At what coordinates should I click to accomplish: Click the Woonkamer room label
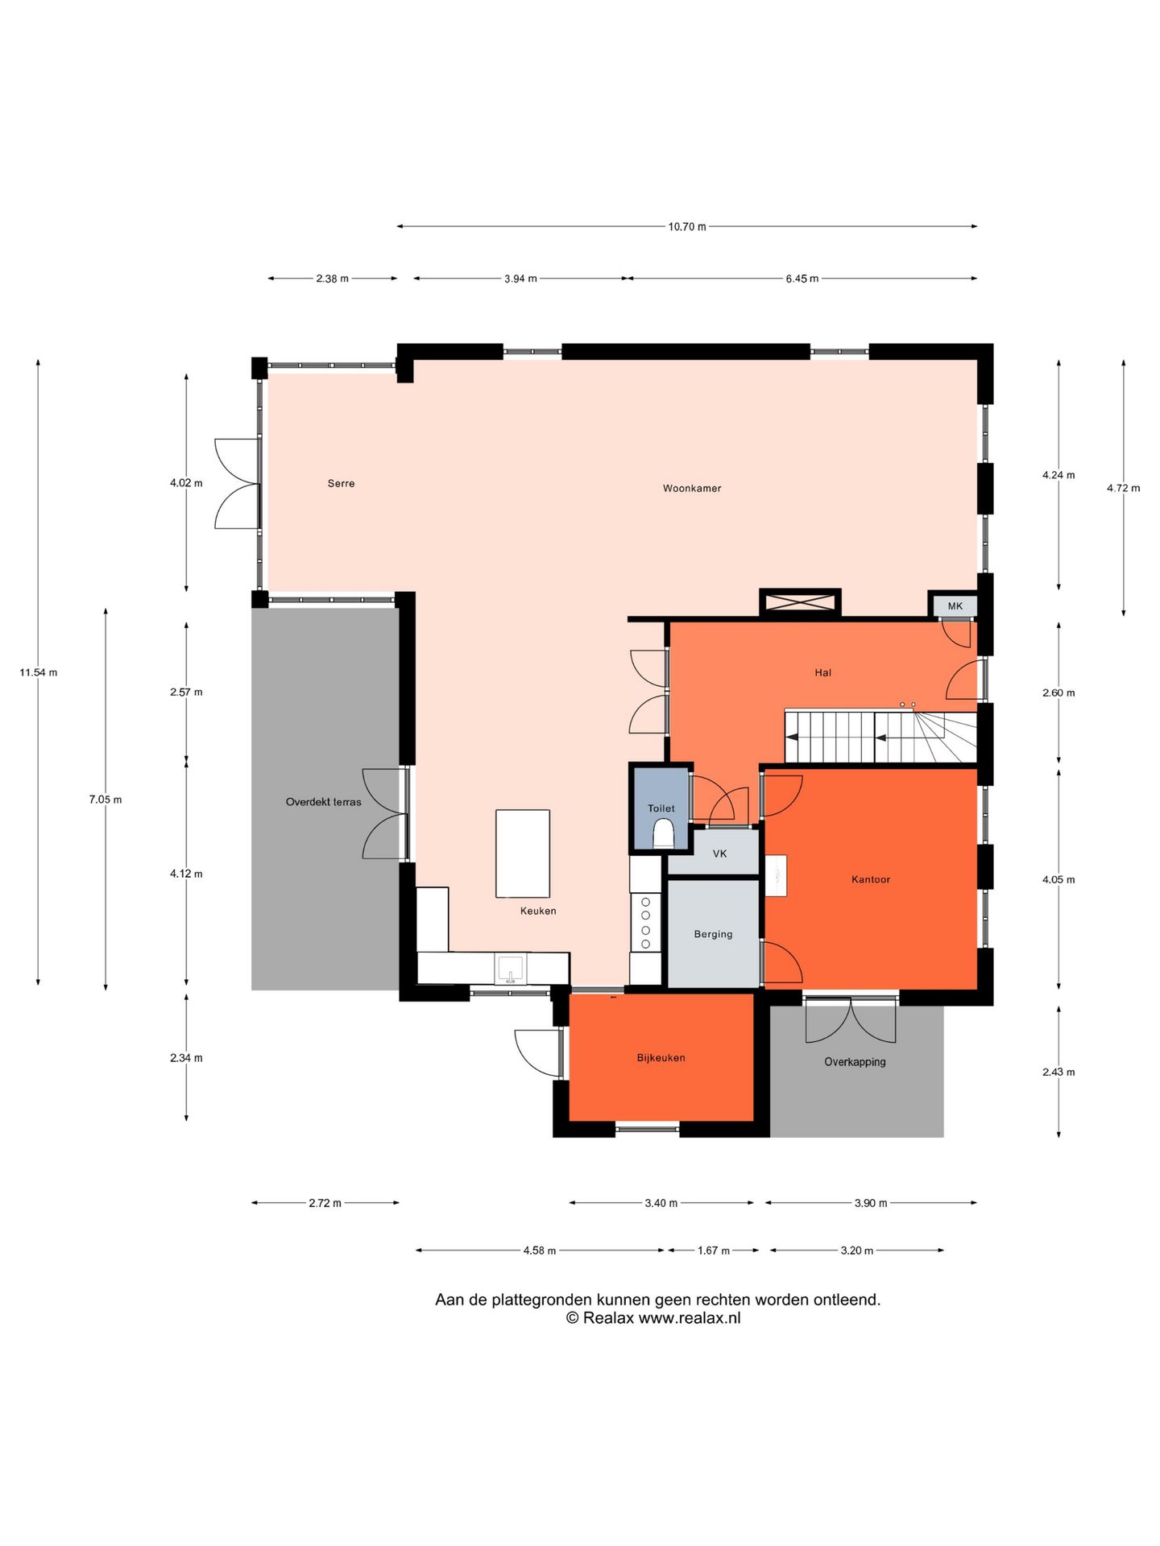point(692,488)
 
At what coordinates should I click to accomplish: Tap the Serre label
point(341,483)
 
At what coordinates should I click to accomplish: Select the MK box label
point(955,606)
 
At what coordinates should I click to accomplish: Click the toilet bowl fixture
point(663,833)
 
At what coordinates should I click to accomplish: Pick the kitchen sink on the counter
point(510,969)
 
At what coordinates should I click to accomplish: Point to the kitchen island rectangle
point(523,854)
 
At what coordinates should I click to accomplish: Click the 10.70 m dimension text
point(687,227)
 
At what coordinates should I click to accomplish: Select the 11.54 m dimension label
point(39,672)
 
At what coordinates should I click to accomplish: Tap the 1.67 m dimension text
point(714,1250)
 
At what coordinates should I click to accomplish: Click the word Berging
point(713,934)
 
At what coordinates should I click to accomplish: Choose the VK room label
point(719,854)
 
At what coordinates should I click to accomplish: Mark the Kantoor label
point(871,879)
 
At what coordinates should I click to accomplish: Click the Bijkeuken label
point(661,1058)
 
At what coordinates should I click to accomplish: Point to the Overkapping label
point(855,1062)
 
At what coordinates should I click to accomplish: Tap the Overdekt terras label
point(323,802)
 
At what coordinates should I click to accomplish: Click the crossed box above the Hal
point(800,602)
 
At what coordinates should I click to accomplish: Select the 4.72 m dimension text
point(1123,488)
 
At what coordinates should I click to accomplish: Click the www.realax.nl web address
point(690,1318)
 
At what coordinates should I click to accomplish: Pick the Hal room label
point(822,672)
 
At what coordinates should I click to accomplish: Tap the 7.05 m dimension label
point(106,800)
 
